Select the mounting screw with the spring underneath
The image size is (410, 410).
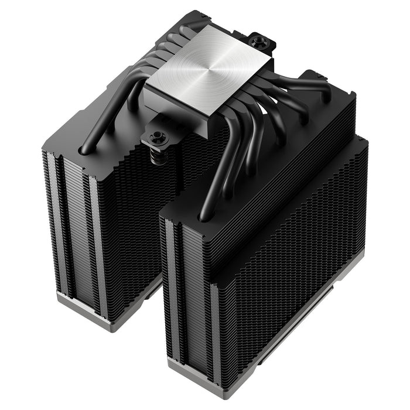tap(159, 138)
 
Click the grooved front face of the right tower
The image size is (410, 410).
tap(187, 293)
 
